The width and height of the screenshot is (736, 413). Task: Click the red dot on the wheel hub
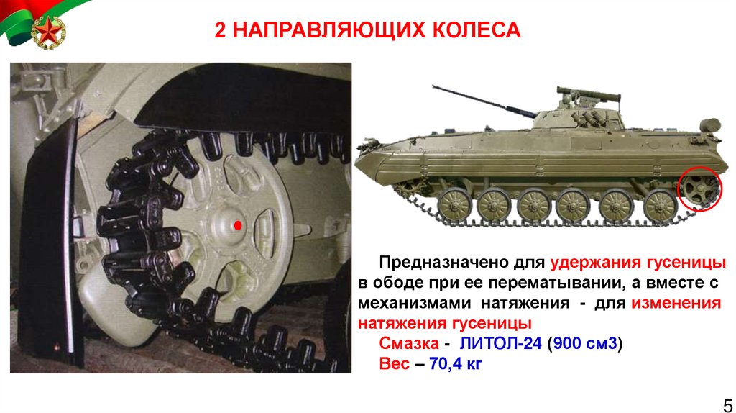[238, 225]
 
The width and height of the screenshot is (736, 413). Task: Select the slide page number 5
[728, 404]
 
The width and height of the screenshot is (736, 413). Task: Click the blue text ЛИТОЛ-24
[500, 343]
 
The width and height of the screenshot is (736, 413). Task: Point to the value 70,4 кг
[455, 363]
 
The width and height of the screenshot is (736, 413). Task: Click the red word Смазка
[409, 343]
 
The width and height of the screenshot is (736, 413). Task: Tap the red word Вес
[395, 363]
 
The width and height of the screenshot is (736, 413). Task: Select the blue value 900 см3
[585, 343]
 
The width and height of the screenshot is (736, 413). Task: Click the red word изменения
[676, 303]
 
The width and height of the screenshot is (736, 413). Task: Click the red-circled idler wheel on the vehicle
[699, 189]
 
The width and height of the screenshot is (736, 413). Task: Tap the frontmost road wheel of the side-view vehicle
[454, 205]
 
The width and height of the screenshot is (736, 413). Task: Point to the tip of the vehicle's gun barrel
[433, 86]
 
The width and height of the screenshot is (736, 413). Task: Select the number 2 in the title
[220, 30]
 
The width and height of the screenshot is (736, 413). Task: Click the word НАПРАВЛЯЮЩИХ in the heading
[328, 30]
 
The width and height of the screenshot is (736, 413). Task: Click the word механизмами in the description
[417, 303]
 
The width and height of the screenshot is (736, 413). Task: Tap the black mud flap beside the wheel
[50, 240]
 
